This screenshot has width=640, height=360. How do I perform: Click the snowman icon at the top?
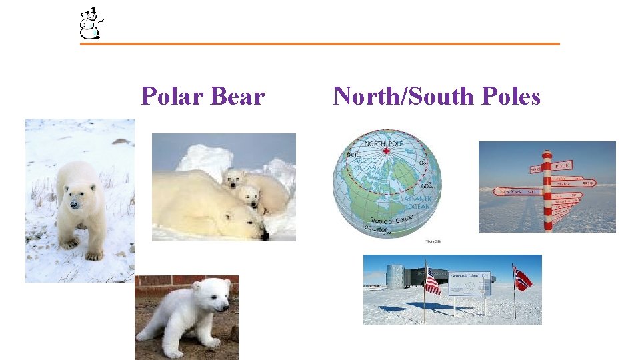[x=89, y=23]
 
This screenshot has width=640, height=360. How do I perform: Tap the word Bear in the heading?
[x=237, y=97]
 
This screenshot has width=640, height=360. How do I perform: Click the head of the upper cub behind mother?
[x=235, y=179]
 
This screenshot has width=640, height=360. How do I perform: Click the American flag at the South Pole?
[x=432, y=283]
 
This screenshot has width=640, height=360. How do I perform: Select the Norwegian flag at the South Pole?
[x=522, y=278]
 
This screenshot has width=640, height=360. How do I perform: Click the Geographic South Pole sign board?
[x=469, y=283]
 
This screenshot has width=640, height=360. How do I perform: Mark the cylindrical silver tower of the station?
[x=395, y=275]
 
